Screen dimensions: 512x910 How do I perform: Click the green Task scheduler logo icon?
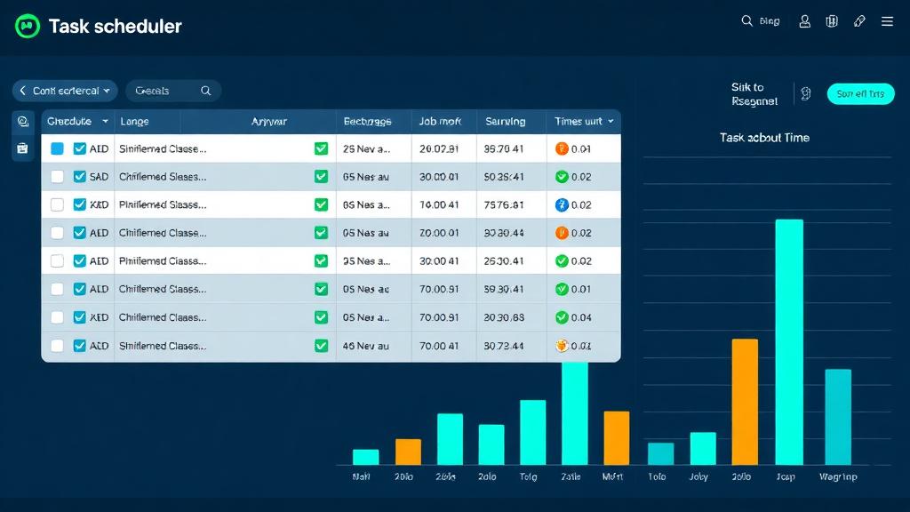[28, 27]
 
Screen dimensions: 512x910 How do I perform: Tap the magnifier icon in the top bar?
[747, 21]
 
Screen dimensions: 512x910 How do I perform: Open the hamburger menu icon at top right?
[887, 21]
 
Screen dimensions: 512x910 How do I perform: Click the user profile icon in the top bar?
[805, 21]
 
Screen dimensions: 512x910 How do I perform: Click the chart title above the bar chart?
[764, 138]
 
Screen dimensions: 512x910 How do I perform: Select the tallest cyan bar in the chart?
[789, 341]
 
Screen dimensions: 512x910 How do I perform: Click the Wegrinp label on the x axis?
[838, 477]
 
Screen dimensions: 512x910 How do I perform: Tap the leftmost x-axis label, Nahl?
[361, 477]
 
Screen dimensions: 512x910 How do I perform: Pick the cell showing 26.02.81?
[439, 149]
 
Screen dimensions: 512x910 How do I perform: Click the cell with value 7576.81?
[503, 205]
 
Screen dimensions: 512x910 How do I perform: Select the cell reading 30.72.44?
[503, 346]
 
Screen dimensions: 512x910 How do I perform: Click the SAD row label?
[99, 177]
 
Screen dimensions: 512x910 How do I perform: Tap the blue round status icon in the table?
[561, 205]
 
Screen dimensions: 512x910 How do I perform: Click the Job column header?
[439, 121]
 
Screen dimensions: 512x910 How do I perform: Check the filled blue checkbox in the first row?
[57, 149]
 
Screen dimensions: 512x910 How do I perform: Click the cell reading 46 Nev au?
[365, 346]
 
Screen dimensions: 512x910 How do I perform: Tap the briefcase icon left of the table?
[23, 148]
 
